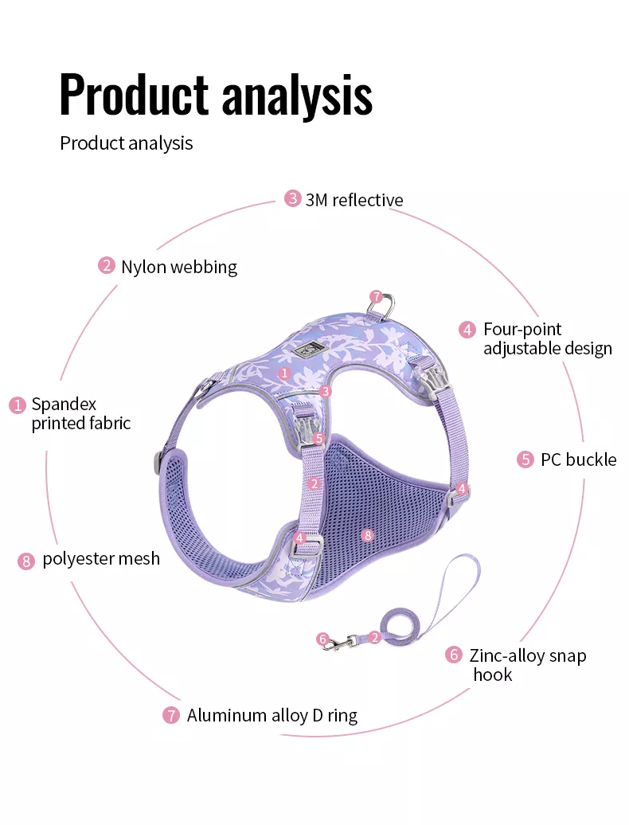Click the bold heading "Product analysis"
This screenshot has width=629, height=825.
coord(216,96)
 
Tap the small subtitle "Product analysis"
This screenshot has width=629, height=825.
coord(127,143)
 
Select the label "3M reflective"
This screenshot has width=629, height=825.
coord(354,200)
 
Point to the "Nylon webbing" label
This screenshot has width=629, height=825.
coord(179,267)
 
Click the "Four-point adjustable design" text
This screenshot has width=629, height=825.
coord(548,339)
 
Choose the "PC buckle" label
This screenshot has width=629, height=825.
coord(579,459)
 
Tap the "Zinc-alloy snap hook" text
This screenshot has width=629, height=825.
coord(528,664)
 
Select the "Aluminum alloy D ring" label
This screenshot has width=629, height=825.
coord(272,716)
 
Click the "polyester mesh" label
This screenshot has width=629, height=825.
coord(101,559)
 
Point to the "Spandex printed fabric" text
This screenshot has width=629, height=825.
coord(81,413)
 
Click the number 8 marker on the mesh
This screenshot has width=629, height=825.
coord(368,536)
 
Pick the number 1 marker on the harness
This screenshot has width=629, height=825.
coord(284,373)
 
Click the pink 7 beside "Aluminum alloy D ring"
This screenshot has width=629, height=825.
coord(170,716)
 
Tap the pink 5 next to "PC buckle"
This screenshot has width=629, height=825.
coord(525,459)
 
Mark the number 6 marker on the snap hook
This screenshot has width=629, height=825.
coord(323,639)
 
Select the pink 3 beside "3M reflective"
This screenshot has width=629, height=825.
coord(292,199)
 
